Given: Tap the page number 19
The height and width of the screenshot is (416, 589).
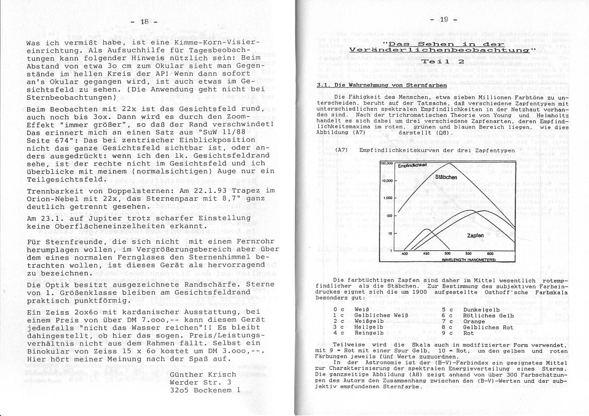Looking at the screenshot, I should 443,20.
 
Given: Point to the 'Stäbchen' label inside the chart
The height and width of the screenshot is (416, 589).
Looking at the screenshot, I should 446,177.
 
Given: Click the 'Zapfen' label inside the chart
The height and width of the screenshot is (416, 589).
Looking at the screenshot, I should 476,235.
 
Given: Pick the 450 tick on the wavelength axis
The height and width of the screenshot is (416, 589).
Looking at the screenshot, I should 426,254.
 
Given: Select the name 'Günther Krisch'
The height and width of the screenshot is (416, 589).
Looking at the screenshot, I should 203,374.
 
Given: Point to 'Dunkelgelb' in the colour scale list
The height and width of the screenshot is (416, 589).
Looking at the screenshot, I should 481,310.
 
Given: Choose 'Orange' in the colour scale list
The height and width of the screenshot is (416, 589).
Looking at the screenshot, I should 474,321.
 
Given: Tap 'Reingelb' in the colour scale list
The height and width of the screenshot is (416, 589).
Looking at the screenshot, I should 369,333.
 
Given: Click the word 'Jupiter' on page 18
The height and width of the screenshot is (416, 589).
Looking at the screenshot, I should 102,218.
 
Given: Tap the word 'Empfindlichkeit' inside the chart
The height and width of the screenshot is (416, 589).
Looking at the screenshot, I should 412,165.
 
